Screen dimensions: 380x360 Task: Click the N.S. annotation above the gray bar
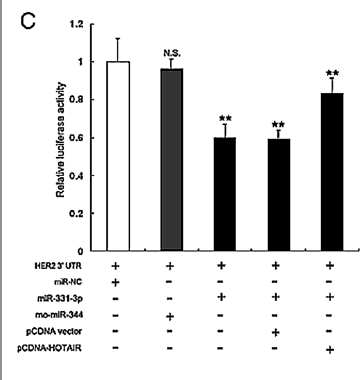[x=171, y=53]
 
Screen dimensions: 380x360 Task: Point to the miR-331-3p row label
[x=66, y=298]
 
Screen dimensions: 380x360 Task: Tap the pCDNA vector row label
[x=62, y=331]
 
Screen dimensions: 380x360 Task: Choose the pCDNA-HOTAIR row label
[x=59, y=348]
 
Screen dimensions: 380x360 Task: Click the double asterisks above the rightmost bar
[x=333, y=73]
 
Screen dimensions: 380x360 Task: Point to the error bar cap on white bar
[x=118, y=39]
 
